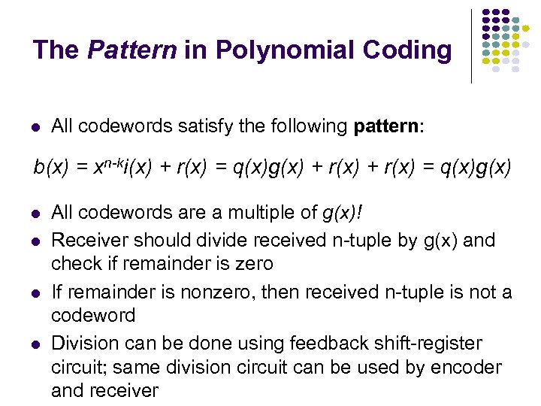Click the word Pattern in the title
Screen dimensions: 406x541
click(x=131, y=50)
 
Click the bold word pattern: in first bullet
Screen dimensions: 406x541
click(x=388, y=127)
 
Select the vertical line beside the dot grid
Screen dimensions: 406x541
click(x=472, y=45)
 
